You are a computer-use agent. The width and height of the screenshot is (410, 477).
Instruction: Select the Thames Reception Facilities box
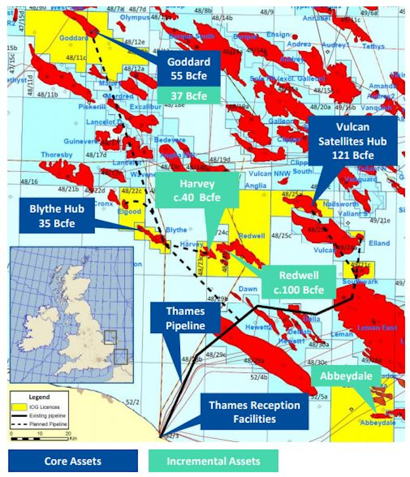(x=254, y=412)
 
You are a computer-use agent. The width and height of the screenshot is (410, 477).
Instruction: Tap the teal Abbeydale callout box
(x=342, y=376)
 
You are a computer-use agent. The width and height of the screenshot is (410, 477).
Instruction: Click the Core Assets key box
(x=72, y=461)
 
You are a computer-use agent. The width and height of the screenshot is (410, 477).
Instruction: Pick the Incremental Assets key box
(x=213, y=461)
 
